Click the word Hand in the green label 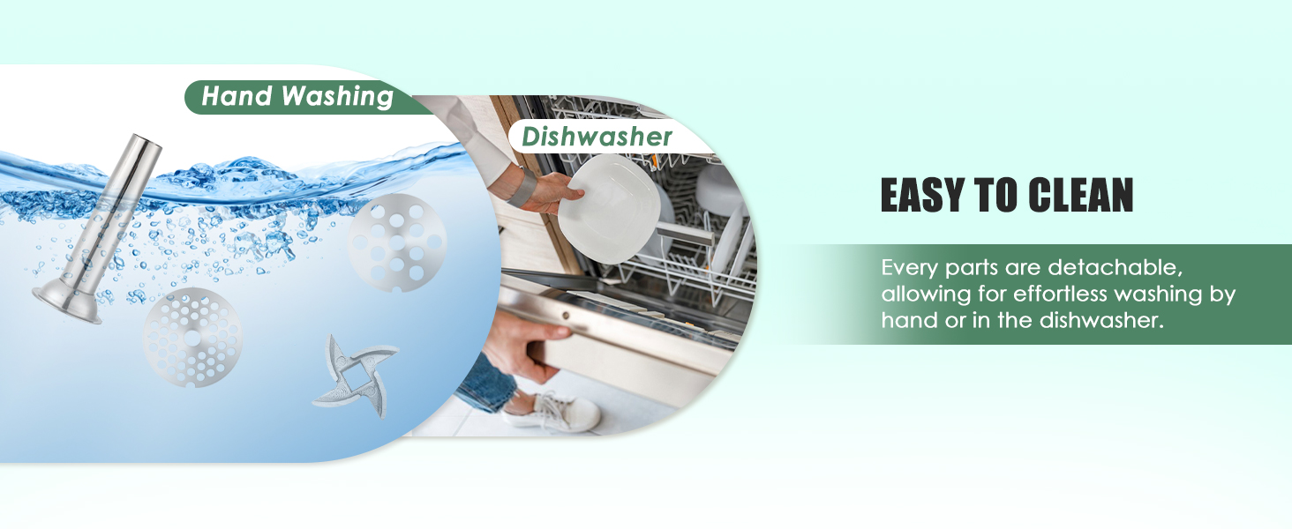(x=237, y=96)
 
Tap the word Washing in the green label (x=337, y=97)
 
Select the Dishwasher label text (x=597, y=137)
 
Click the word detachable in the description (x=1115, y=267)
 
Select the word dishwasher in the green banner (x=1101, y=320)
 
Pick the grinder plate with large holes (x=398, y=242)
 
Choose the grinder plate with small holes (x=192, y=337)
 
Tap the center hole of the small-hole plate (x=192, y=338)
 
